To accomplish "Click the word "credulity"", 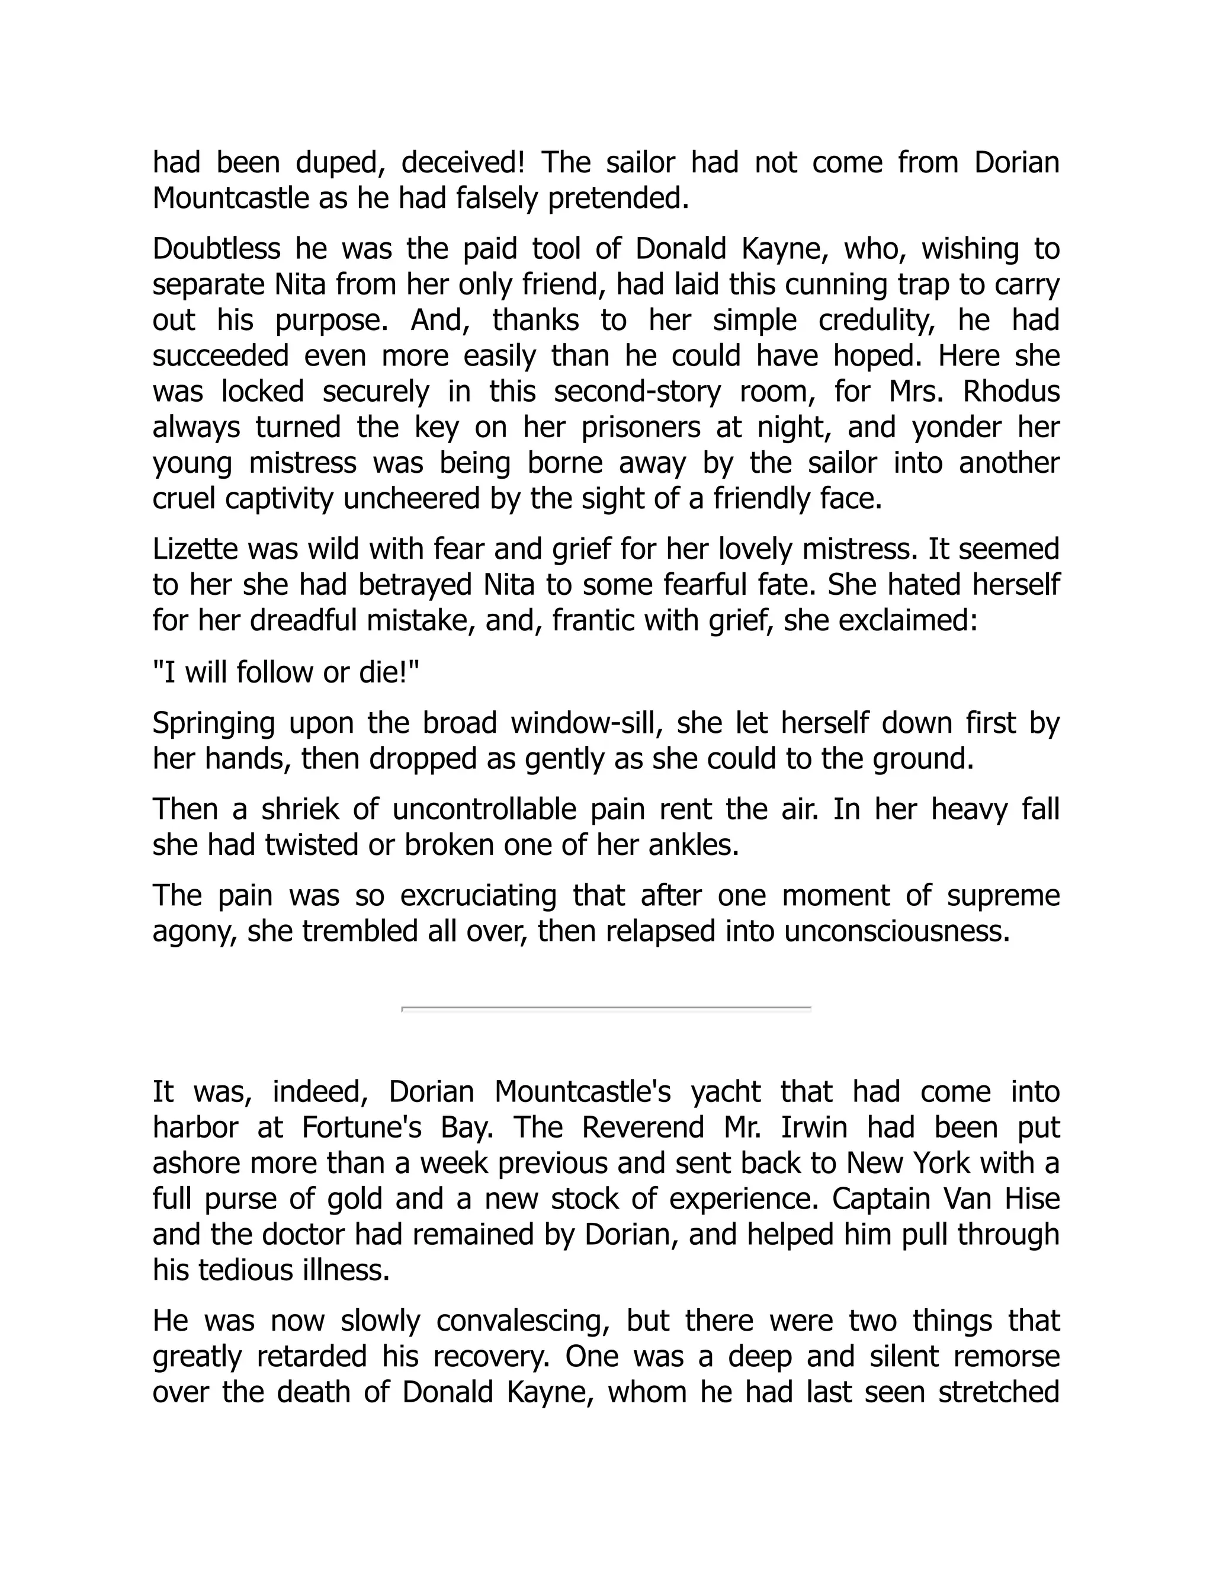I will (880, 321).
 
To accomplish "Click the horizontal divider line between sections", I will (606, 1010).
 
